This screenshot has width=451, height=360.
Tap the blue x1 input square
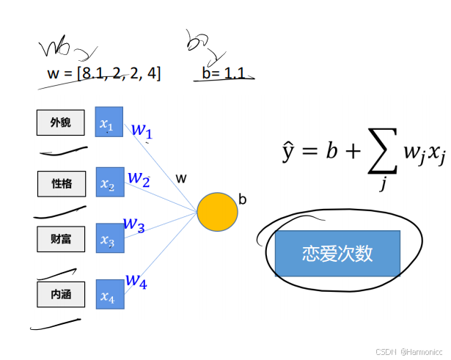(109, 122)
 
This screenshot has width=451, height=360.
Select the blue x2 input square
(109, 182)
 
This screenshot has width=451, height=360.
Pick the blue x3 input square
(109, 238)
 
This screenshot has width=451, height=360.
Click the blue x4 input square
(109, 295)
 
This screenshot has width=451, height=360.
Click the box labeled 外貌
(61, 122)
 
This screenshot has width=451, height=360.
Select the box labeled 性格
(61, 183)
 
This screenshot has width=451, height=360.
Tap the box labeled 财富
(61, 239)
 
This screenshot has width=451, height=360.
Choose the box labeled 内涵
(61, 295)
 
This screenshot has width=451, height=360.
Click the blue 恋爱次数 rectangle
(337, 254)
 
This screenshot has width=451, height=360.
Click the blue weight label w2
(139, 178)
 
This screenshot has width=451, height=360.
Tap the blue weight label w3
(133, 224)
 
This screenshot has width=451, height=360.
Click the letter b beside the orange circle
(242, 198)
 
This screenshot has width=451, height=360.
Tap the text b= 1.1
(222, 73)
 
